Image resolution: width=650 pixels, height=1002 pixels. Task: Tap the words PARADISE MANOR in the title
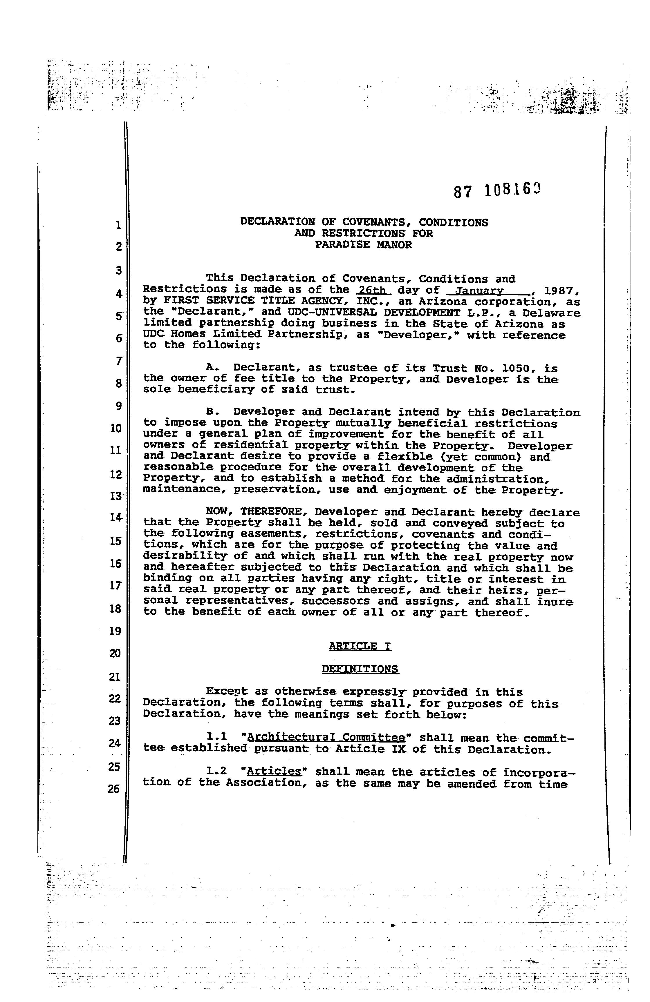[363, 245]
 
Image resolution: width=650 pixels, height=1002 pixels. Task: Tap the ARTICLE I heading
[360, 646]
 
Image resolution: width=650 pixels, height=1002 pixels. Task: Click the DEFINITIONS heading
[360, 669]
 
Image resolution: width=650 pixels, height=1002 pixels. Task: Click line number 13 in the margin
[115, 496]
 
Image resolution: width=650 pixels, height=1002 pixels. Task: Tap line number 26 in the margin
[113, 789]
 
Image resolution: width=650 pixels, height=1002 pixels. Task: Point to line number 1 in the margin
[118, 225]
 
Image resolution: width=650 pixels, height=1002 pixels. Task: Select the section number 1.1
[217, 737]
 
